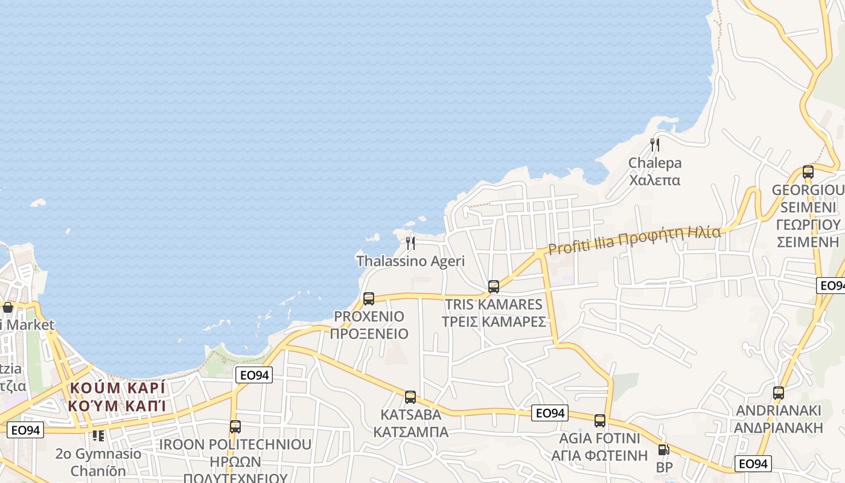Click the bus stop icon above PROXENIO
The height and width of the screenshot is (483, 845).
pos(369,298)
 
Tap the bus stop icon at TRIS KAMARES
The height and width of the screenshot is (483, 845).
pos(494,287)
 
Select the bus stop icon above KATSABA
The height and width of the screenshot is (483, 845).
pos(410,397)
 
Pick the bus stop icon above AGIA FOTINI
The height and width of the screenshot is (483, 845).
pos(599,421)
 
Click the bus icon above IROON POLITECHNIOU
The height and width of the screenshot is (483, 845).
pos(235,427)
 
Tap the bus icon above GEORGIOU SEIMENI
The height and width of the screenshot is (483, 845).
pos(808,172)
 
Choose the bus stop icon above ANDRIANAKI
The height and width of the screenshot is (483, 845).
pos(779,393)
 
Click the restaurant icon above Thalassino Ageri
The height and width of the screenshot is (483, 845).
pos(410,243)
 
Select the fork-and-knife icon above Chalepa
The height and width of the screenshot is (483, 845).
pos(654,145)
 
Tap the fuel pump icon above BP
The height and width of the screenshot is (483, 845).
pos(663,450)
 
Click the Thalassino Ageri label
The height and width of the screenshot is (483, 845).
pos(410,261)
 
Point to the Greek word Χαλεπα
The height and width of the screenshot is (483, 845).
pos(655,180)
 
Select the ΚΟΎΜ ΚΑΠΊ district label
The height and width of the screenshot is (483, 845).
pos(118,405)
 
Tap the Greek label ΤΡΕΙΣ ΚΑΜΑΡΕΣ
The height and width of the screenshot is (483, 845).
pos(494,321)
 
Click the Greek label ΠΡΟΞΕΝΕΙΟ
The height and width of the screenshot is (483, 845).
pos(369,334)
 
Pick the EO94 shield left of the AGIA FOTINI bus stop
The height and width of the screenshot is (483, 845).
pos(550,413)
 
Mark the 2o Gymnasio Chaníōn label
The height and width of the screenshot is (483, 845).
pos(98,462)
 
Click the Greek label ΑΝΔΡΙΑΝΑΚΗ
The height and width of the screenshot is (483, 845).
pos(779,428)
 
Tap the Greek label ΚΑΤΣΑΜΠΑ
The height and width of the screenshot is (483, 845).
pos(410,432)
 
